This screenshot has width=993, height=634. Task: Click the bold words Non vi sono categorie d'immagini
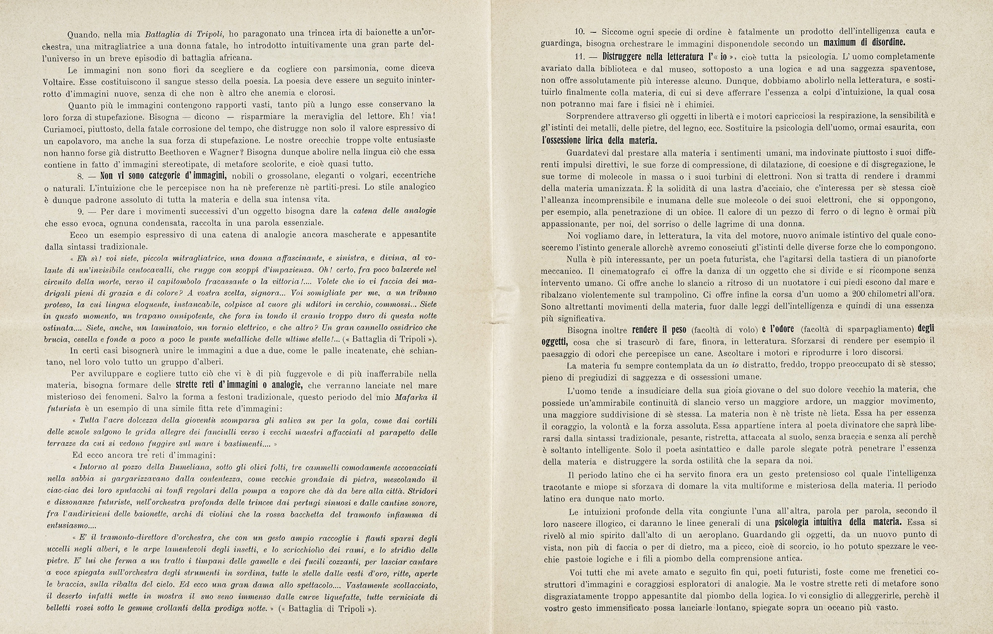(164, 175)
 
